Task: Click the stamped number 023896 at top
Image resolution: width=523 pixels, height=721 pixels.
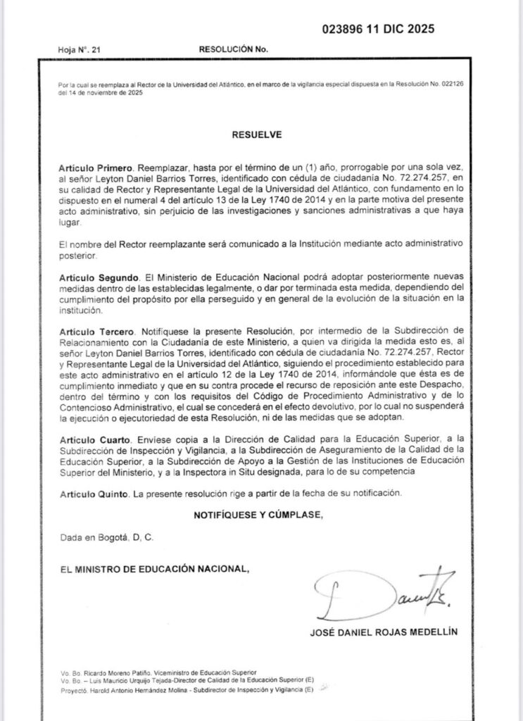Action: [x=344, y=30]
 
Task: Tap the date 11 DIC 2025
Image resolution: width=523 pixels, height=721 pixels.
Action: [x=401, y=30]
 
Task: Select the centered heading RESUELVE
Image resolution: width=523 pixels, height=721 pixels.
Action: [x=261, y=132]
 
